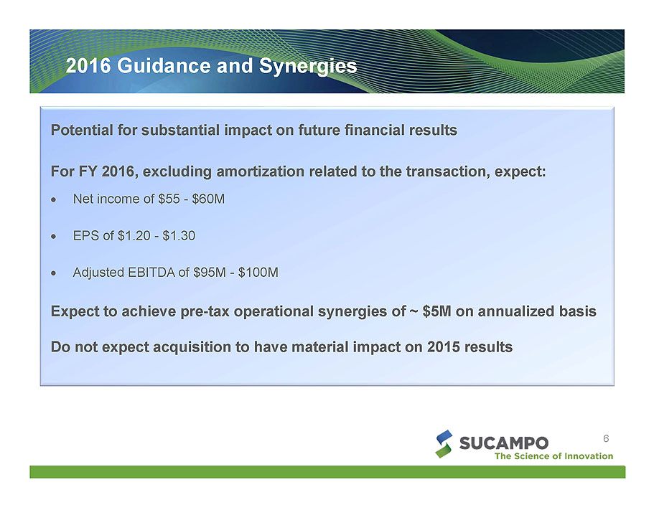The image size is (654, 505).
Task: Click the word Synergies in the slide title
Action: [x=308, y=66]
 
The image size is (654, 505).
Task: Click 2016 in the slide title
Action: [x=88, y=65]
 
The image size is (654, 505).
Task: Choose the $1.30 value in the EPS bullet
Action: [x=179, y=236]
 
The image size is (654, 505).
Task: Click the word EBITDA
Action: [x=151, y=273]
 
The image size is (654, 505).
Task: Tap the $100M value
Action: [x=258, y=273]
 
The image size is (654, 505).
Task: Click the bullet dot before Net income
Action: [x=53, y=199]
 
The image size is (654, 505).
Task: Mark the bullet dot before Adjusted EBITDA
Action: [x=53, y=273]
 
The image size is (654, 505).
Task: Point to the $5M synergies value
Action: [x=436, y=311]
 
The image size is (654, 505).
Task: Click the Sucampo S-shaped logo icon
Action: [x=444, y=444]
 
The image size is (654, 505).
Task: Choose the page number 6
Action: [x=606, y=438]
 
